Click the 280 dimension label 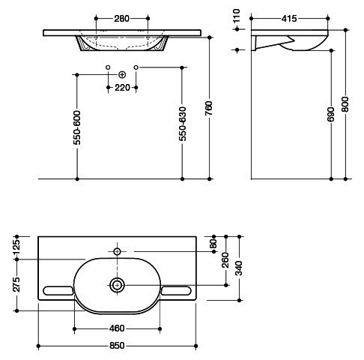(121, 19)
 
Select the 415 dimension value (289, 19)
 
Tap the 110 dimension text (236, 16)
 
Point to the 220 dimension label (122, 88)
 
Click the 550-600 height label (77, 127)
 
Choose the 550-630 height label (183, 124)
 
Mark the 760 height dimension (209, 108)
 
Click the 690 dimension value (330, 114)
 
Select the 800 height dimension (345, 104)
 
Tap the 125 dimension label (16, 246)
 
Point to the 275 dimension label (16, 285)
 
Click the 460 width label (117, 328)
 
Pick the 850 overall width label (117, 346)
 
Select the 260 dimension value (225, 260)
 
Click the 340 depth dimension (239, 268)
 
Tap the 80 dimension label (213, 244)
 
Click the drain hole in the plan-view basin (117, 285)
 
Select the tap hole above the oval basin (117, 251)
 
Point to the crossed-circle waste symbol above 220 (122, 74)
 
